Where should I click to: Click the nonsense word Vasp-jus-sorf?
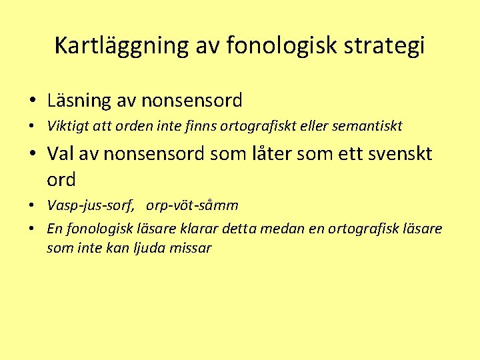tap(91, 205)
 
